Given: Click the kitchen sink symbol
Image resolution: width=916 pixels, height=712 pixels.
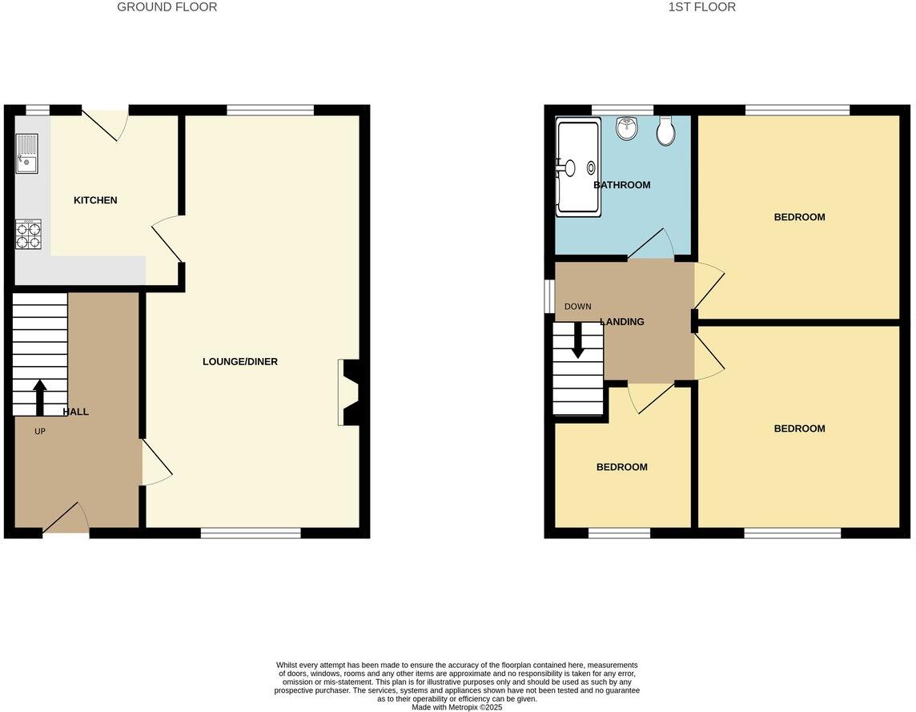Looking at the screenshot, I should tap(26, 154).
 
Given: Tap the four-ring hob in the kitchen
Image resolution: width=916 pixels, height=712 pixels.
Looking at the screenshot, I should tap(28, 235).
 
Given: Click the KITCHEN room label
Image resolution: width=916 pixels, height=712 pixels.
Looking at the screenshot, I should tap(95, 200).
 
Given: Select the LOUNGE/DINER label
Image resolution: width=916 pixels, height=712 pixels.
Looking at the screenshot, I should tap(240, 362).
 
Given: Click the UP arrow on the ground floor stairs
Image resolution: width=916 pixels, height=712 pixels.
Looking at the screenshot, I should tap(39, 396).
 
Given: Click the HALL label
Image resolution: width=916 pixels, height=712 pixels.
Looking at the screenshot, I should tap(76, 412).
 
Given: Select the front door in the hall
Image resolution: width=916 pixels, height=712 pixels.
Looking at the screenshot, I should tap(66, 519).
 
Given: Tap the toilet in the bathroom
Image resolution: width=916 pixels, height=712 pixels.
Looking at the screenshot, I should tap(665, 132).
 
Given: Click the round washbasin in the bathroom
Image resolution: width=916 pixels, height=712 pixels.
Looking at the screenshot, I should tap(627, 128).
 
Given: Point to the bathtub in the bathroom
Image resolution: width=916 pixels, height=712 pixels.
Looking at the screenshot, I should tap(577, 168).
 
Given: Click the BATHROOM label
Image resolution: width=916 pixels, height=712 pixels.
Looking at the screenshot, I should tap(622, 185).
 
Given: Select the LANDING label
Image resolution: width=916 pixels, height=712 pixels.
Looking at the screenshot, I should tap(622, 322).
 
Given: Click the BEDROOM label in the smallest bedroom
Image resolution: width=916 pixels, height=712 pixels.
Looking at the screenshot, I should tap(622, 467).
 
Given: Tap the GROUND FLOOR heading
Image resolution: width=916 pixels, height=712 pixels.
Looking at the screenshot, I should tap(167, 7).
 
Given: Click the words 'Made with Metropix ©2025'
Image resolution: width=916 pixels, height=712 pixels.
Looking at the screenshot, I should tap(456, 707).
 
